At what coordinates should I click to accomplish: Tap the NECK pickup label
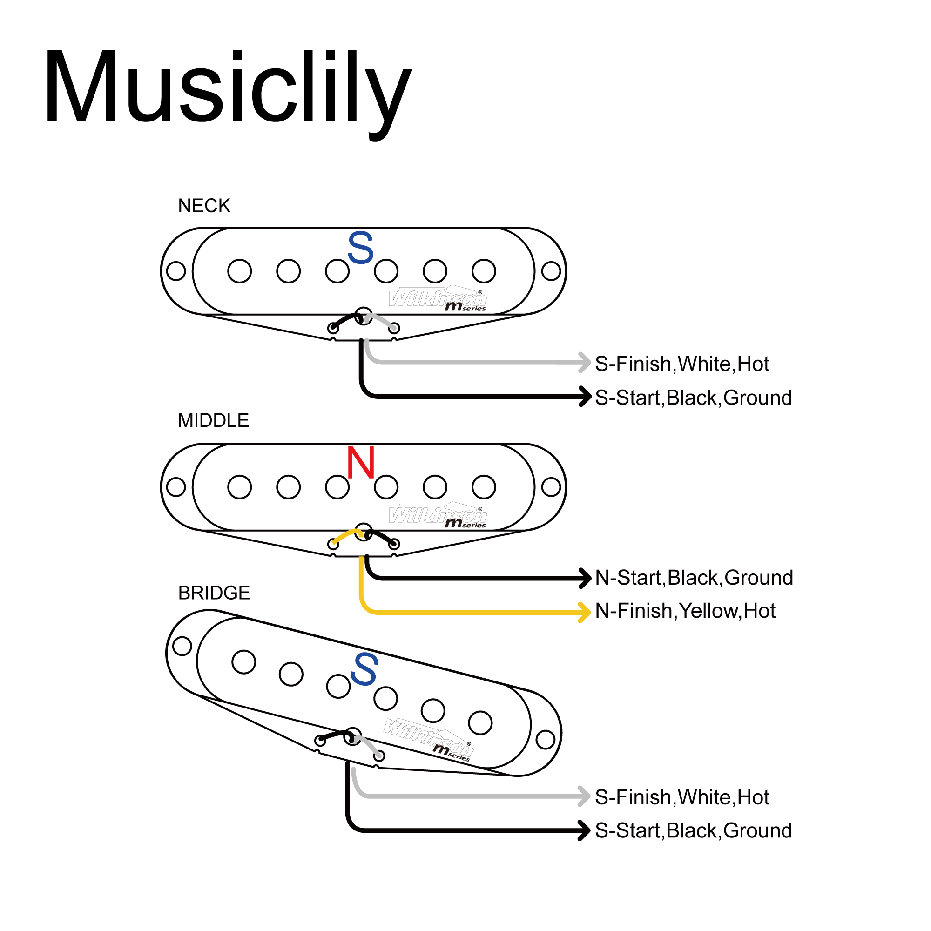click(x=204, y=206)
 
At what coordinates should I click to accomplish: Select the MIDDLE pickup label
click(x=213, y=421)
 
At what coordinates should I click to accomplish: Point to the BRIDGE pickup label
click(x=214, y=593)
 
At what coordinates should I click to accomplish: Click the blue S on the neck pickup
click(x=360, y=248)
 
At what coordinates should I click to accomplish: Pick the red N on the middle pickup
click(x=360, y=463)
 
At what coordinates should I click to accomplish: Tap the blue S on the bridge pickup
click(x=364, y=670)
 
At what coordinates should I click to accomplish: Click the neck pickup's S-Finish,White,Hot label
click(x=682, y=364)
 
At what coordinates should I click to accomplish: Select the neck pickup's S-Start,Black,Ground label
click(x=694, y=398)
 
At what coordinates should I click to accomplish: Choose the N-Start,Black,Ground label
click(x=694, y=577)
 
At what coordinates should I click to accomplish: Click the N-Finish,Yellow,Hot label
click(x=685, y=611)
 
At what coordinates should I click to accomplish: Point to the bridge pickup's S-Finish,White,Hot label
click(x=682, y=797)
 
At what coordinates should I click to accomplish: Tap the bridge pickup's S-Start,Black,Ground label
click(x=694, y=830)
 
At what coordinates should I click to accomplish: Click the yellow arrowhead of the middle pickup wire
click(x=585, y=612)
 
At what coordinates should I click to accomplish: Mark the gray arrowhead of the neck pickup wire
click(x=585, y=362)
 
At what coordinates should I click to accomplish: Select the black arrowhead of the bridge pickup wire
click(x=585, y=830)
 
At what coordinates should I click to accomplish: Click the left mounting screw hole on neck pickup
click(x=176, y=271)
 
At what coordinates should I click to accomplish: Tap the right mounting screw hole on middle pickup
click(x=551, y=487)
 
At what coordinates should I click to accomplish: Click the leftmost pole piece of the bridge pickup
click(x=243, y=661)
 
